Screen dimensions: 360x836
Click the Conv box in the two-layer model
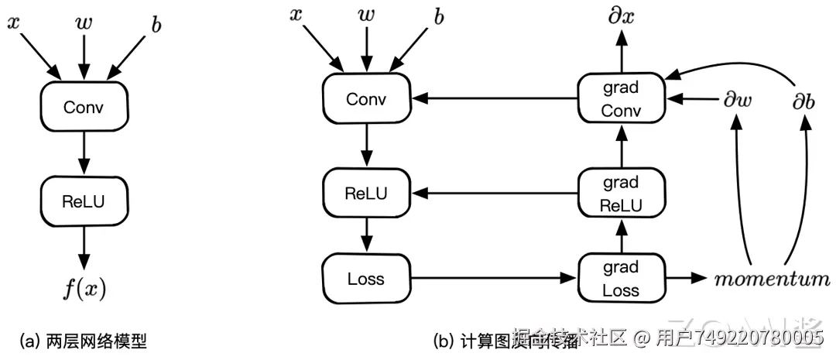[84, 107]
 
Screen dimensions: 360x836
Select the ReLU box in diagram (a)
[84, 201]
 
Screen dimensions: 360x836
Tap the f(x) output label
[84, 290]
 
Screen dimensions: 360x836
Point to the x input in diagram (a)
[13, 23]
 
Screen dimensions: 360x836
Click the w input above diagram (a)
[84, 23]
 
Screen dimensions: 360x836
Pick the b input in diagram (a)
[156, 25]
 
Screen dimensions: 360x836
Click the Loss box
[366, 278]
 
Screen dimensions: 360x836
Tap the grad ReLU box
[621, 194]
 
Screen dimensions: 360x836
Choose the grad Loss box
[621, 278]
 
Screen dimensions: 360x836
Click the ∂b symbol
[803, 100]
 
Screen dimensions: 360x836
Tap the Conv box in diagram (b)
[366, 99]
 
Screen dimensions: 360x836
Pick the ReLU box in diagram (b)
[366, 194]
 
